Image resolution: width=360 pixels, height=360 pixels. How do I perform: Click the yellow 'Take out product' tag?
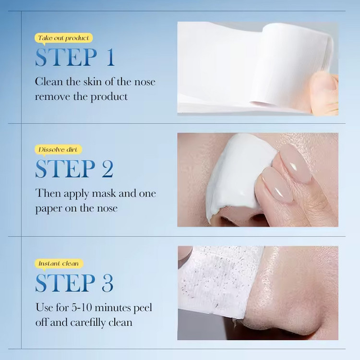click(63, 38)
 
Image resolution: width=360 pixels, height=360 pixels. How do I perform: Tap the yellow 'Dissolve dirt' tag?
click(58, 150)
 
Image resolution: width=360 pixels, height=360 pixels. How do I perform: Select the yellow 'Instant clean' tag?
click(59, 264)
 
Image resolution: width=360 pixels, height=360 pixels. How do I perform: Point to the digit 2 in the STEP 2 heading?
click(108, 169)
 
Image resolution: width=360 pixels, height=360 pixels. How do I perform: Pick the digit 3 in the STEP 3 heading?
click(108, 283)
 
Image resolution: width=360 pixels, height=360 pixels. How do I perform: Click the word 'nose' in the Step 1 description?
click(144, 82)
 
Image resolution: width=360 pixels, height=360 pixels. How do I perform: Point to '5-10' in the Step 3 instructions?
click(82, 307)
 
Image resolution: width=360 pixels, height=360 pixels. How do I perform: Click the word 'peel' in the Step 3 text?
click(143, 308)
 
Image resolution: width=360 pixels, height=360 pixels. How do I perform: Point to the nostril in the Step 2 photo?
click(229, 221)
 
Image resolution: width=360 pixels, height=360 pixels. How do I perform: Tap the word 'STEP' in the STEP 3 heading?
click(65, 283)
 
